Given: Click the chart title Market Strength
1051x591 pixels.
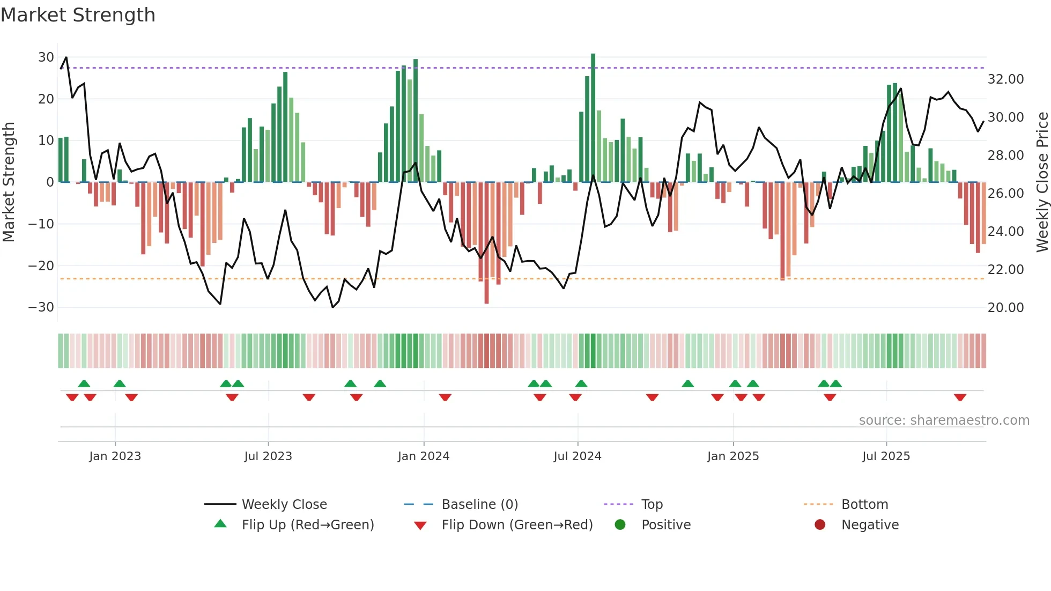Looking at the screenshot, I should click(78, 15).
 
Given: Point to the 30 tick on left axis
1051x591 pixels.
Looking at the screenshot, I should click(46, 57).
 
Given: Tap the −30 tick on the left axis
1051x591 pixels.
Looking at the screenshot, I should click(42, 307).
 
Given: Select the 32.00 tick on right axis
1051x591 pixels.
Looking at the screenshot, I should click(1005, 79).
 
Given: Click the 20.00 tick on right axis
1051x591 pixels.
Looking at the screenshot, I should click(1005, 308).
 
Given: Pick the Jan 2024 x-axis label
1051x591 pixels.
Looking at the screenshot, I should click(424, 456).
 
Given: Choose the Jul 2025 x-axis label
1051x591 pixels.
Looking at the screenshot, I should click(886, 456).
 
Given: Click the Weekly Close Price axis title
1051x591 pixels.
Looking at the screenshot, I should click(1042, 182).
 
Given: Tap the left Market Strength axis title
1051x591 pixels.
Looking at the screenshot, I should click(9, 182).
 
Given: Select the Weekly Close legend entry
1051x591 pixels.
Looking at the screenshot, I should click(284, 505).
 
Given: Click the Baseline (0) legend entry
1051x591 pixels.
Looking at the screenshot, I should click(479, 505).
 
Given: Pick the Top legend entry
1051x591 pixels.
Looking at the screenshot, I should click(652, 505).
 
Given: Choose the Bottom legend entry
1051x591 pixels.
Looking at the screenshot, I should click(864, 505).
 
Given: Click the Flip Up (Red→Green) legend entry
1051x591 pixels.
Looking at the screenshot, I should click(307, 525).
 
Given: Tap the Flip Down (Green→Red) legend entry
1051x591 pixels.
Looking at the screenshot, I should click(517, 525).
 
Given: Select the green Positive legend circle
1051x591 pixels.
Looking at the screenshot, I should click(620, 525).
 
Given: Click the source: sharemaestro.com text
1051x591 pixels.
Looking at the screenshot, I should click(944, 420).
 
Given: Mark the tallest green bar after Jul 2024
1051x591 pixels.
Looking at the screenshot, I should click(593, 118).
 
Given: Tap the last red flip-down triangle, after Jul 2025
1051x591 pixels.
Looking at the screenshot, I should click(960, 397).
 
